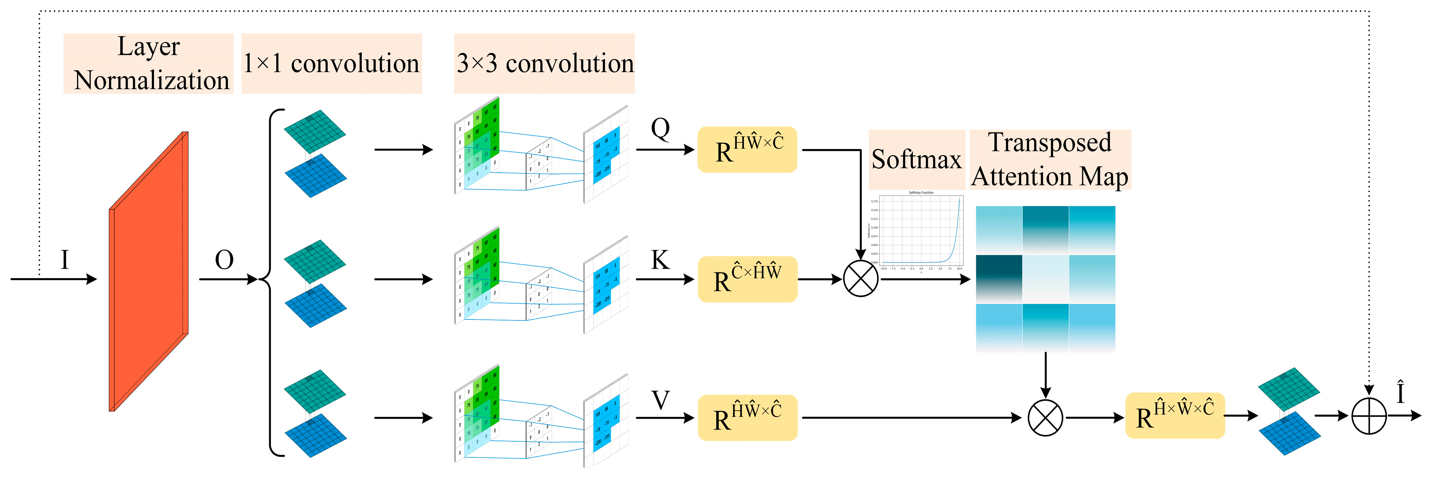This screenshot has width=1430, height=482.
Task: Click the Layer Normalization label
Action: pyautogui.click(x=149, y=63)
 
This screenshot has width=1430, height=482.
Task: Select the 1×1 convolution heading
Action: pyautogui.click(x=331, y=63)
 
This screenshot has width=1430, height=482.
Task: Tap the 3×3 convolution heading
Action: pyautogui.click(x=544, y=63)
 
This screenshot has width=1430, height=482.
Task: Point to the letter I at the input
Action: pyautogui.click(x=65, y=260)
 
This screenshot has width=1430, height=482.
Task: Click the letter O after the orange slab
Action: pyautogui.click(x=224, y=260)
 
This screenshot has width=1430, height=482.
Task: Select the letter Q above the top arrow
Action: pyautogui.click(x=660, y=129)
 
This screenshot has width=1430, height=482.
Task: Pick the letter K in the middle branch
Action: pyautogui.click(x=660, y=260)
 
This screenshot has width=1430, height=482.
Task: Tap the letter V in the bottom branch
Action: pyautogui.click(x=660, y=399)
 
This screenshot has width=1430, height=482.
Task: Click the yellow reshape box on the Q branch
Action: pyautogui.click(x=747, y=150)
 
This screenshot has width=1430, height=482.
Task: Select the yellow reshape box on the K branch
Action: pyautogui.click(x=747, y=279)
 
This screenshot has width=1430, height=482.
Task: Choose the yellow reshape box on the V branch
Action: pyautogui.click(x=747, y=418)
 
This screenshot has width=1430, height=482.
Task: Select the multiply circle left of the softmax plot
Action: pyautogui.click(x=860, y=279)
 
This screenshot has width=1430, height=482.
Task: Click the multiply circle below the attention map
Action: pyautogui.click(x=1045, y=418)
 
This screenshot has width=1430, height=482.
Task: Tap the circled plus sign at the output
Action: pyautogui.click(x=1369, y=415)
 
